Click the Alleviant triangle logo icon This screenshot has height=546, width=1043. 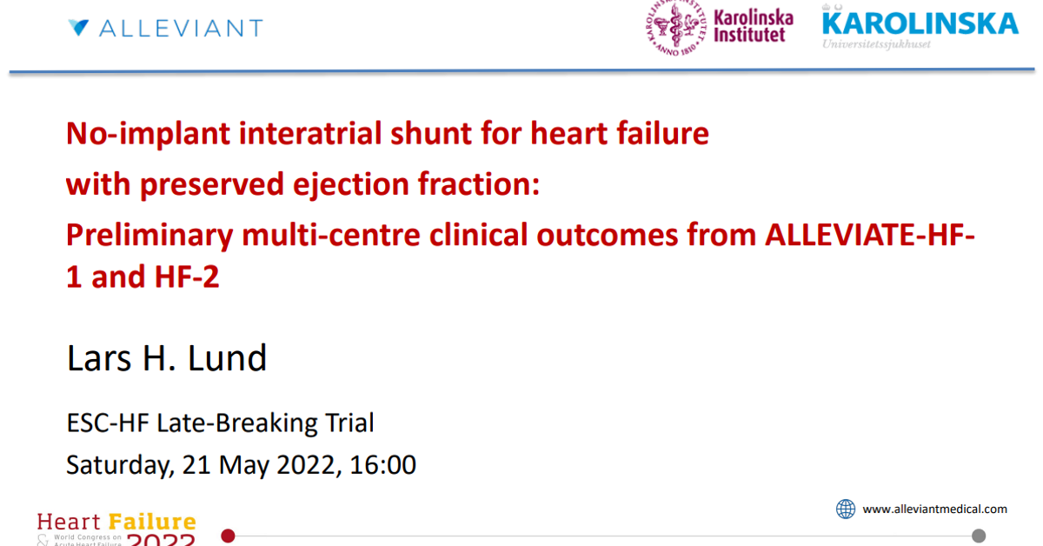click(78, 28)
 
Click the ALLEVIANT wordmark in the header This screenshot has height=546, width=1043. click(181, 29)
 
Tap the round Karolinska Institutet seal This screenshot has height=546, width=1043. click(674, 28)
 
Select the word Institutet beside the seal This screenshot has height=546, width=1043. click(749, 35)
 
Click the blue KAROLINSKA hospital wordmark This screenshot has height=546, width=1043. click(920, 23)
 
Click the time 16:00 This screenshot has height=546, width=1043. click(383, 465)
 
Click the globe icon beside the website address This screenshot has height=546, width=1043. click(845, 509)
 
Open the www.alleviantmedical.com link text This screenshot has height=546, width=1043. click(934, 509)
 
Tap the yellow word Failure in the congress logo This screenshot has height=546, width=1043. click(152, 523)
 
